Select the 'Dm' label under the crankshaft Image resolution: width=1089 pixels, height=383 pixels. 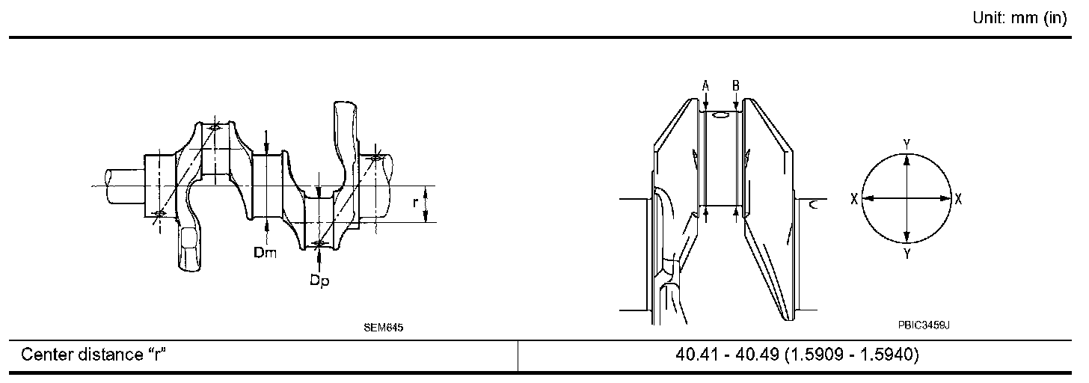[x=265, y=252]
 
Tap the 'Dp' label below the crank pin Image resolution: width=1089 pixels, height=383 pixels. [x=319, y=281]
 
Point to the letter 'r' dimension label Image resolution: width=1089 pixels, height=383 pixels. [x=416, y=203]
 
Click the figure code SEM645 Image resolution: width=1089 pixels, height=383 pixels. [x=384, y=328]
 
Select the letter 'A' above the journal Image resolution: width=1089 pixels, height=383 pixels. [x=706, y=86]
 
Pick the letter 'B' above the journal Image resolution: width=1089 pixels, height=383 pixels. [x=736, y=86]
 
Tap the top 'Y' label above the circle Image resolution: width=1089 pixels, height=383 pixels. [x=907, y=144]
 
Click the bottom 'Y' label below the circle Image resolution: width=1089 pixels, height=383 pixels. [x=907, y=254]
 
